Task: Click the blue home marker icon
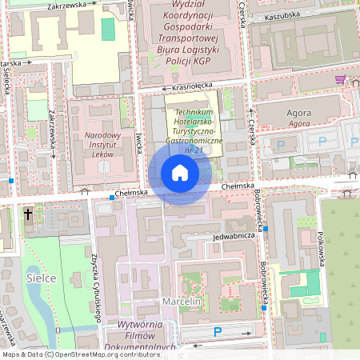coord(180,173)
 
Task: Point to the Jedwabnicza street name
coord(233,236)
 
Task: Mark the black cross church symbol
coord(28,214)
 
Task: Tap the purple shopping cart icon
coord(340,80)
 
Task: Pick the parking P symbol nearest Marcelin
coord(217,332)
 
